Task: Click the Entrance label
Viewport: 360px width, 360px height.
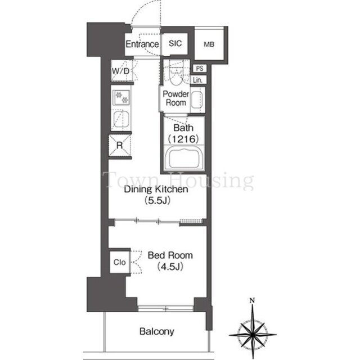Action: coord(142,44)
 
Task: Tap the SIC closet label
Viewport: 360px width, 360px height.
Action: coord(175,43)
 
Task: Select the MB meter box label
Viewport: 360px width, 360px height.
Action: coord(209,44)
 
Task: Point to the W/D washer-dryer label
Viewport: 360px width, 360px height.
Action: coord(120,71)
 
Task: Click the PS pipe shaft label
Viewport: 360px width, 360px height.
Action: coord(200,68)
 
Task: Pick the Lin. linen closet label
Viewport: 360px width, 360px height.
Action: coord(197,80)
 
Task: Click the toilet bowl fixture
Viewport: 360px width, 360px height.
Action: coord(176,76)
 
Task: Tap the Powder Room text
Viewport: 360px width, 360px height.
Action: coord(176,98)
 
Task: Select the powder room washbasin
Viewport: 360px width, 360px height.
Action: coord(197,100)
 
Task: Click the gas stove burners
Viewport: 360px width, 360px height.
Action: coord(121,97)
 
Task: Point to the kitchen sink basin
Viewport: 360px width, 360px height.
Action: coord(121,119)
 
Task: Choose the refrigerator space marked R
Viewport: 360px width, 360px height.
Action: coord(120,145)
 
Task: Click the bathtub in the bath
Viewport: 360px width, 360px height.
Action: coord(183,158)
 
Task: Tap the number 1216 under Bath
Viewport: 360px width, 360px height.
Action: coord(183,139)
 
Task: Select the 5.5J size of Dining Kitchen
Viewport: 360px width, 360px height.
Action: coord(157,201)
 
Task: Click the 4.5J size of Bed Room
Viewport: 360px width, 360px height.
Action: coord(170,267)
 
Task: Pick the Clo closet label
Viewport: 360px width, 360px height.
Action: coord(120,262)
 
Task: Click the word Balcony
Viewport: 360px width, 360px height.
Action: coord(157,331)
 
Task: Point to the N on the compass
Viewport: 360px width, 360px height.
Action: coord(253,300)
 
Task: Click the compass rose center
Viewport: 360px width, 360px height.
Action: coord(253,335)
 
